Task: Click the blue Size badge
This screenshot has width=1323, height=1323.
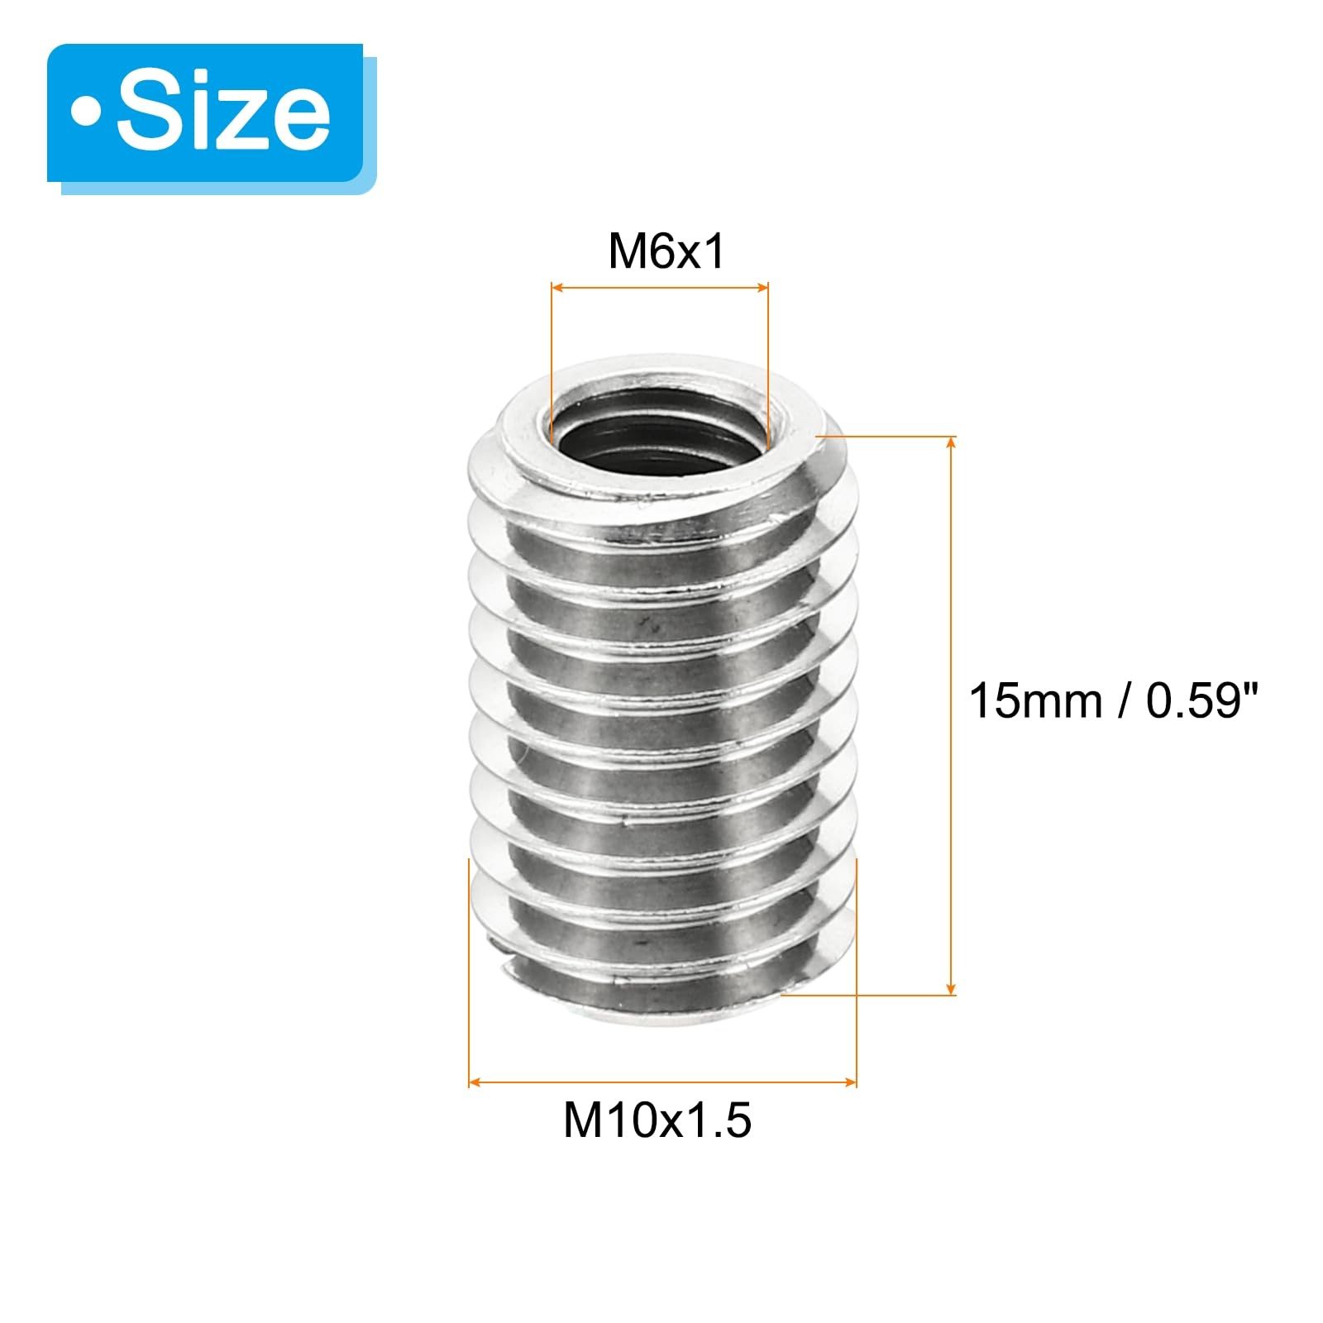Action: (205, 112)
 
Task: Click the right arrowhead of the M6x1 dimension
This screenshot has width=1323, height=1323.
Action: (762, 288)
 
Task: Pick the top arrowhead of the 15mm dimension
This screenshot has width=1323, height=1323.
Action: (952, 442)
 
